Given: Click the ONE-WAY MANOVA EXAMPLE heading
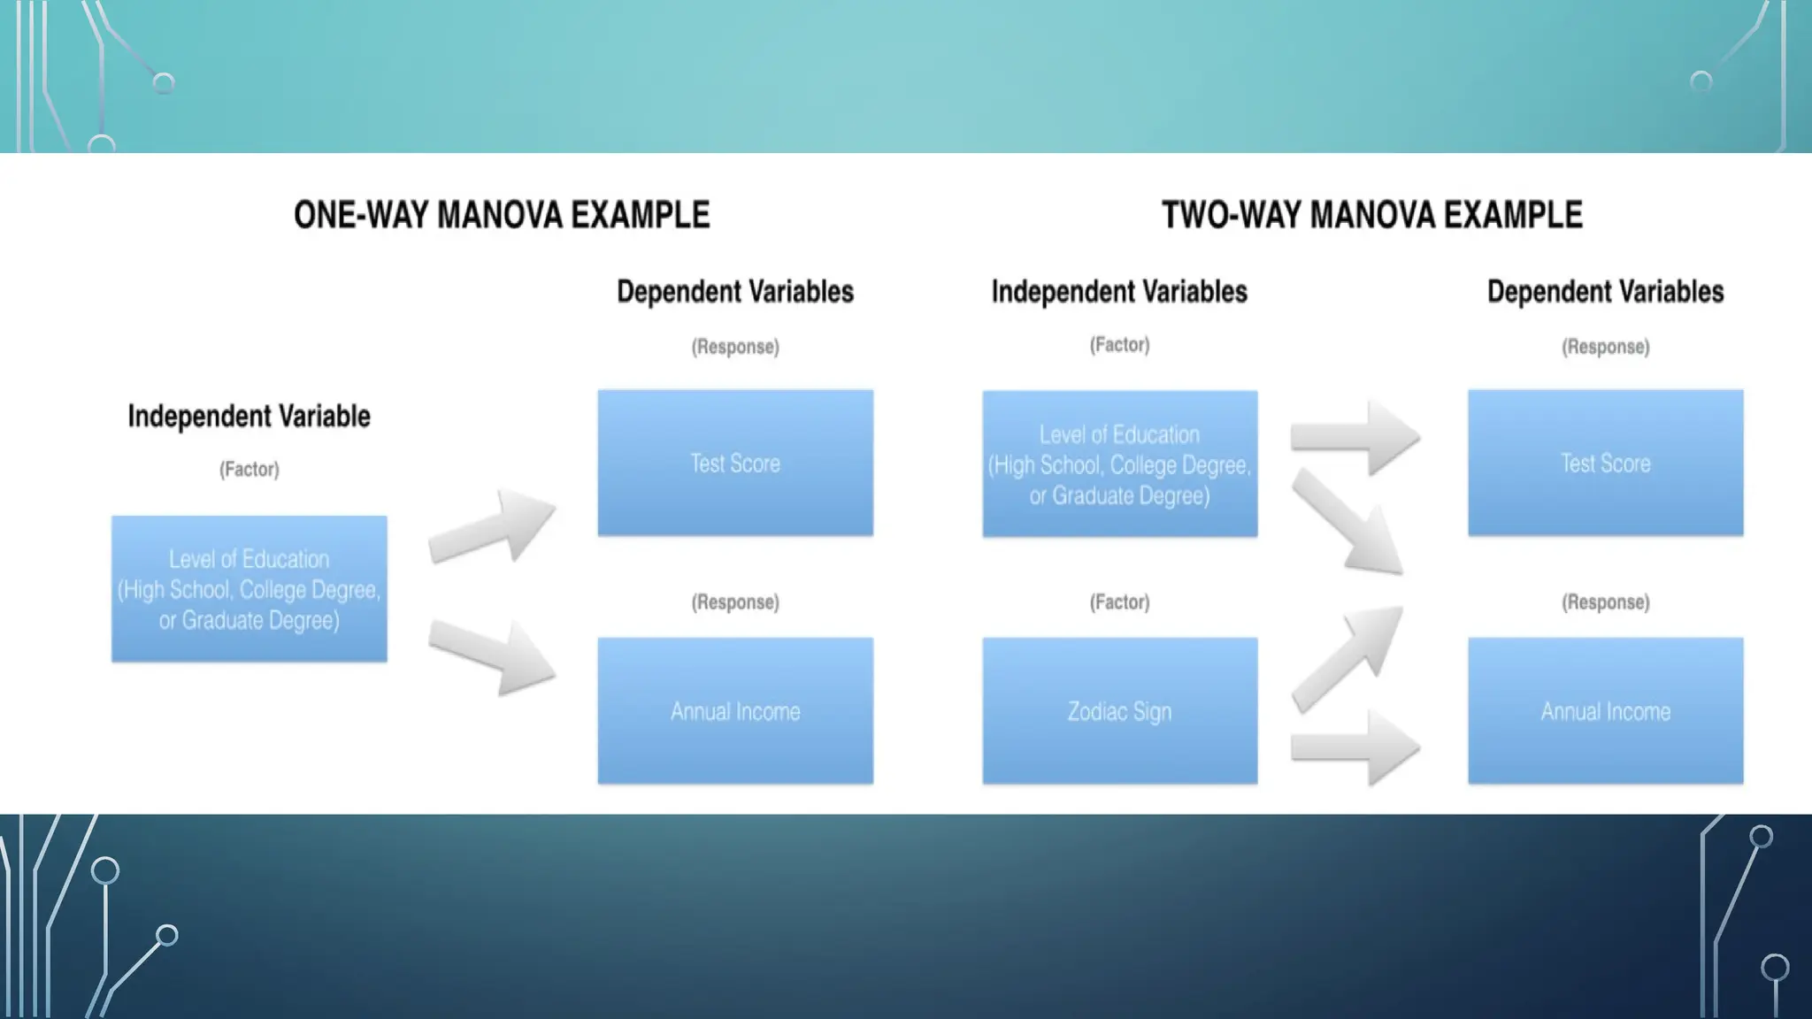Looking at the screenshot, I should [x=502, y=215].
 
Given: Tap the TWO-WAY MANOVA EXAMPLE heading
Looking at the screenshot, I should [x=1371, y=215].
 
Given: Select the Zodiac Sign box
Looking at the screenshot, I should [x=1119, y=710].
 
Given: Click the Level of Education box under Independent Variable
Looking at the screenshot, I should [x=249, y=588].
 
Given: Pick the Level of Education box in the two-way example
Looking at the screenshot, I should [x=1119, y=464].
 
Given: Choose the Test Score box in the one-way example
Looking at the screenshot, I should [x=734, y=463].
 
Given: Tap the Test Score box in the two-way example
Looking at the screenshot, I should [x=1605, y=463].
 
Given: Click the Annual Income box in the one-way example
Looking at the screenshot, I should [x=734, y=710].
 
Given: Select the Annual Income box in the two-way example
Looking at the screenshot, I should [x=1605, y=710].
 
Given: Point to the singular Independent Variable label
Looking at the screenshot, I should [x=249, y=416].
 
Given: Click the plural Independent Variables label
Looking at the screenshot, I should [x=1119, y=291].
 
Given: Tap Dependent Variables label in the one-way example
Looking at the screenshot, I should [x=734, y=291].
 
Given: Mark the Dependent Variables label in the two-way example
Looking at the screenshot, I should [x=1605, y=291].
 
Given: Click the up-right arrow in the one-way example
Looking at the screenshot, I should [x=492, y=527].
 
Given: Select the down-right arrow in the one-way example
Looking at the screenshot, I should [x=492, y=656].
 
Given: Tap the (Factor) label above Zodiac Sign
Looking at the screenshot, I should [x=1119, y=602].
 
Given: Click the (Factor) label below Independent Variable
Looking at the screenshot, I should [x=249, y=469].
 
